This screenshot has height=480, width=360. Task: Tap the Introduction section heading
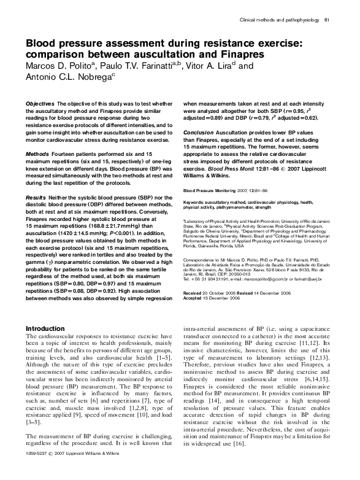coord(49,328)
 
